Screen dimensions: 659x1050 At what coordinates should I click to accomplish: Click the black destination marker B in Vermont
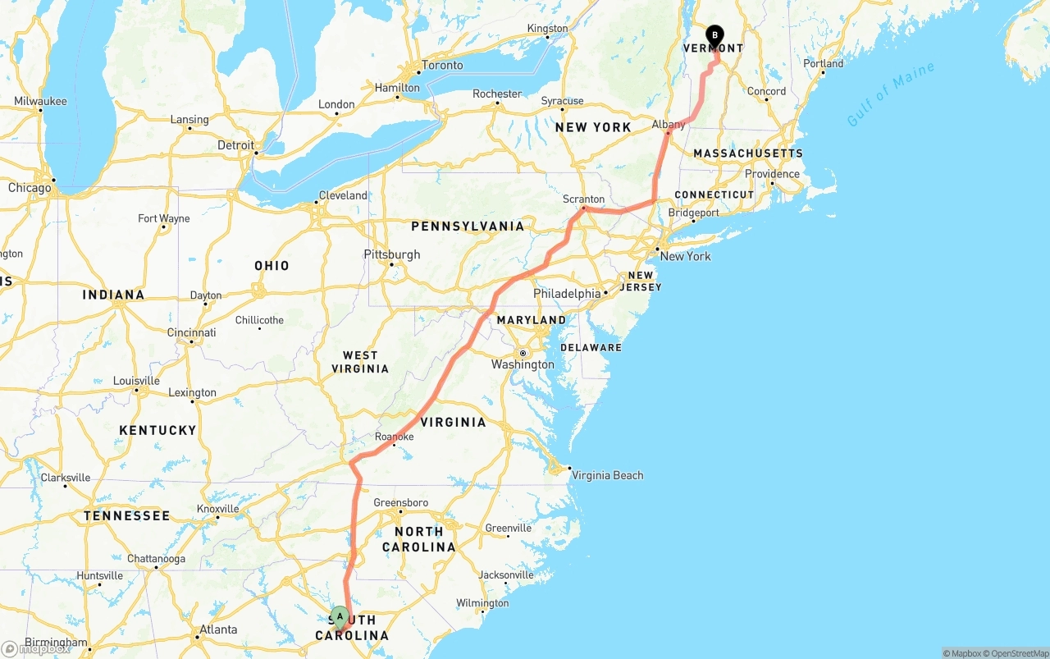(714, 35)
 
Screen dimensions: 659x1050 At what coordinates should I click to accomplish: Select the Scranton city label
(583, 199)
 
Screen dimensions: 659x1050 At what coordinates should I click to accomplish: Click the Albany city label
(668, 125)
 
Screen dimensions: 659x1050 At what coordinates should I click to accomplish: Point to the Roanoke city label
(394, 437)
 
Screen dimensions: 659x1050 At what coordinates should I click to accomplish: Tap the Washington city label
(523, 364)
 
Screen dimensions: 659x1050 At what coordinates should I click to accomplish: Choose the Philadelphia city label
(567, 293)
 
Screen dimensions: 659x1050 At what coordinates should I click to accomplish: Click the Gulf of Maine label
(890, 94)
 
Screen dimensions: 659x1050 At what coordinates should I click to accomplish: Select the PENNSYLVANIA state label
(468, 226)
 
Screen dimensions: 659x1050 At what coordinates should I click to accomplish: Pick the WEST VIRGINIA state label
(360, 361)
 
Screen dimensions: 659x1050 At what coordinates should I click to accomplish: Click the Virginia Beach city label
(607, 475)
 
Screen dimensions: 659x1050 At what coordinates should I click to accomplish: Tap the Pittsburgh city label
(392, 254)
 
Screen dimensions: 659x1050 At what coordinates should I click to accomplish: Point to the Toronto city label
(441, 66)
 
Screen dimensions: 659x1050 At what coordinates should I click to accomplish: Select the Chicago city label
(30, 188)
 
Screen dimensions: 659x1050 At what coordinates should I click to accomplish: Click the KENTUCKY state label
(157, 430)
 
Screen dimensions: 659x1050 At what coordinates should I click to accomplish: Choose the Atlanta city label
(218, 630)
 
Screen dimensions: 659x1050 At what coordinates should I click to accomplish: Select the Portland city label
(823, 63)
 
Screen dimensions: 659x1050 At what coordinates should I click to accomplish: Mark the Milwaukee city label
(40, 101)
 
